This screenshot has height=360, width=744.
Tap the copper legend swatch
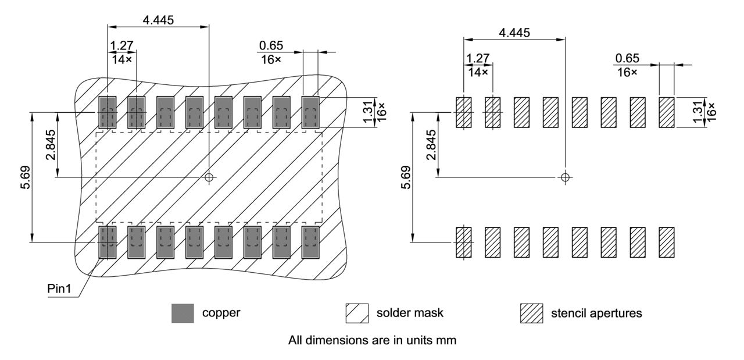(x=182, y=313)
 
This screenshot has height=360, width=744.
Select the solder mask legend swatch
(x=357, y=313)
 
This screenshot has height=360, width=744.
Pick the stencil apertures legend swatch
(x=531, y=313)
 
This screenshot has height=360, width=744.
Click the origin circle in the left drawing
(x=209, y=177)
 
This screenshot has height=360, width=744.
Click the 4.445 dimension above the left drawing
(x=158, y=19)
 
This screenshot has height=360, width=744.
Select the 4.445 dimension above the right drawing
(x=514, y=33)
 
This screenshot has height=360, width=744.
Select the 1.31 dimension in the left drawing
(x=367, y=112)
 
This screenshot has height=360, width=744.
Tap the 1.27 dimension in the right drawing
(x=478, y=58)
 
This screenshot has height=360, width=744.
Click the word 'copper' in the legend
(x=221, y=313)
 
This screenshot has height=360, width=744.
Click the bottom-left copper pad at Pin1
(x=108, y=242)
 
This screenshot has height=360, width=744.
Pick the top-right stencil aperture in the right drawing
(x=666, y=112)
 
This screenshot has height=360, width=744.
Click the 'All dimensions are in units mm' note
(x=372, y=341)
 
